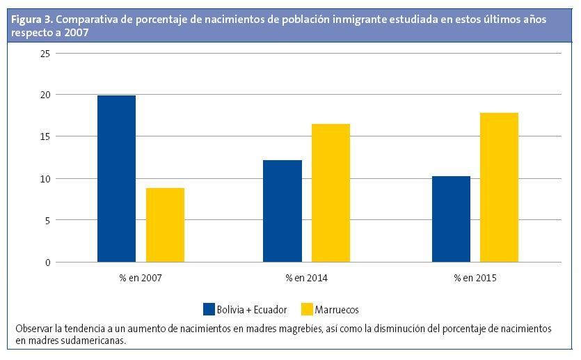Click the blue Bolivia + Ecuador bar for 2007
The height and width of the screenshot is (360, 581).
(116, 179)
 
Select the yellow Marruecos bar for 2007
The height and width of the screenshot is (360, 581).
(165, 225)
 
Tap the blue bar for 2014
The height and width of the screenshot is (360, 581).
(282, 211)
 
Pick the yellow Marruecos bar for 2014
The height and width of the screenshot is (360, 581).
(331, 193)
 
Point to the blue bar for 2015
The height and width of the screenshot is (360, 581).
(451, 219)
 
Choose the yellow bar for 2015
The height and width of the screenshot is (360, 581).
(499, 187)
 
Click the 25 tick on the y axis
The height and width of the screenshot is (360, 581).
(46, 53)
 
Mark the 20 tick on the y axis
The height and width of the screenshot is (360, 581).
(46, 95)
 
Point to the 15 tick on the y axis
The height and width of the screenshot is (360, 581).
(46, 136)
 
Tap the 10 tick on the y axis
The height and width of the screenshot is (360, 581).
(46, 179)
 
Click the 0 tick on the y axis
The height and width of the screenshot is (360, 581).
(48, 263)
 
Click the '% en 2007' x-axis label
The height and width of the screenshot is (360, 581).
(141, 278)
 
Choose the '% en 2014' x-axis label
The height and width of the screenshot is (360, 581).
(307, 278)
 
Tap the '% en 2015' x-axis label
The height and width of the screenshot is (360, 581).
(475, 278)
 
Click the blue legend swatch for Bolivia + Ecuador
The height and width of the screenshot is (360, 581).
(209, 309)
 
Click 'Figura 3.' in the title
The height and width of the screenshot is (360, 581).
(29, 19)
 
